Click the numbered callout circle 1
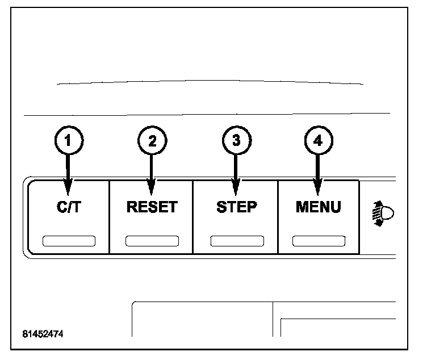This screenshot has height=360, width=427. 69,141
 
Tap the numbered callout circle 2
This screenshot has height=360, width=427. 152,141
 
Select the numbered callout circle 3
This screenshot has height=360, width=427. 235,141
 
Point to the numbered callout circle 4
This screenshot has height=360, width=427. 318,141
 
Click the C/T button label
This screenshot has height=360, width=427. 69,207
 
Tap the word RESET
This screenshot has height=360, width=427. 152,207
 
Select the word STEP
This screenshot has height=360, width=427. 236,207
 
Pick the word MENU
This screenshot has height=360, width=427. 318,207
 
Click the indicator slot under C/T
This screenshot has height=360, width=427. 69,240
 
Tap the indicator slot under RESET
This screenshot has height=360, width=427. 152,240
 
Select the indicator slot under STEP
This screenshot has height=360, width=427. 236,240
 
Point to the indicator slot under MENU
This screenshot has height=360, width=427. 318,240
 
